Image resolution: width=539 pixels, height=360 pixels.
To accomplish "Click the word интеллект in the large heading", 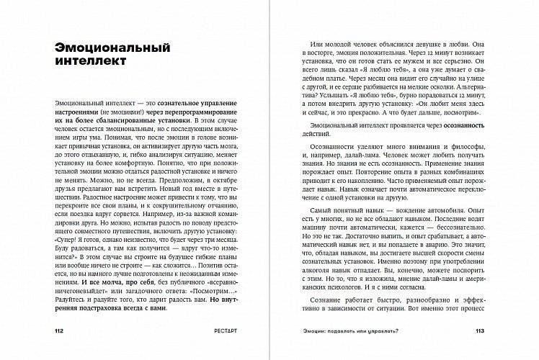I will coord(90,63).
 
